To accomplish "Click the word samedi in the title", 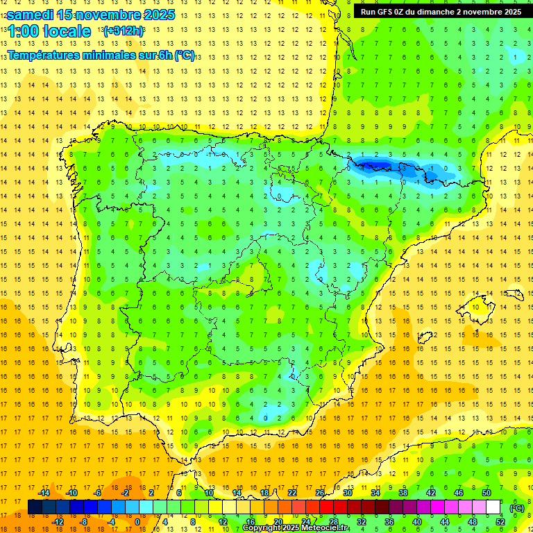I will (x=32, y=14).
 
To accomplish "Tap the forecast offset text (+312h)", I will (x=124, y=31).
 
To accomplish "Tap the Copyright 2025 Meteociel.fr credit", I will (x=296, y=528).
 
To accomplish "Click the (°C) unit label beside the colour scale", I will (x=517, y=508).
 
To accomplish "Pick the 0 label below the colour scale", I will (x=137, y=522).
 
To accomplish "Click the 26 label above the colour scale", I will (x=320, y=493).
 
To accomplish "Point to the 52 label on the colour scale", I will (x=500, y=522).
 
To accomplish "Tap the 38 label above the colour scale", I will (x=403, y=493).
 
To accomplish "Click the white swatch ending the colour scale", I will (x=493, y=507).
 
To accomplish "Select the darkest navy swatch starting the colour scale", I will (x=35, y=507).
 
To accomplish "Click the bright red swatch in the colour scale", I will (x=326, y=507).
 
